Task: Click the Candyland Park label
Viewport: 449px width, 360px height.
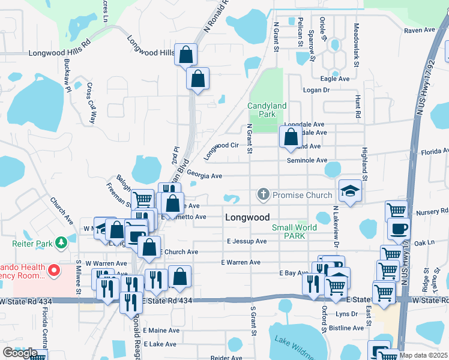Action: (267, 110)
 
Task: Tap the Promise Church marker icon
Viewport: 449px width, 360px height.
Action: (262, 194)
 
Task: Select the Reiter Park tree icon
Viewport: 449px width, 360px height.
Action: (60, 242)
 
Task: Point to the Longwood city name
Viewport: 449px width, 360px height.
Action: (247, 217)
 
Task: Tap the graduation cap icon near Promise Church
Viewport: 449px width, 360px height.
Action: (351, 192)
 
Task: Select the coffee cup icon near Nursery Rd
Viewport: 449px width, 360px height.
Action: (399, 229)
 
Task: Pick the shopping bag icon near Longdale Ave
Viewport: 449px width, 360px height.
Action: (291, 137)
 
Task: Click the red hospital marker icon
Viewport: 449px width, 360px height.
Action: (53, 271)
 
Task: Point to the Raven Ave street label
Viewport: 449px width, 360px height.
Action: (419, 29)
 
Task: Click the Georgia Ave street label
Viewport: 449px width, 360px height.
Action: (204, 176)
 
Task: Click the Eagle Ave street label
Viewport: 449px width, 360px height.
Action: (335, 79)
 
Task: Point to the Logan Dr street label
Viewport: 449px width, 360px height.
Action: (317, 90)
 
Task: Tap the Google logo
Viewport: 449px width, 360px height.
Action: (19, 353)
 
